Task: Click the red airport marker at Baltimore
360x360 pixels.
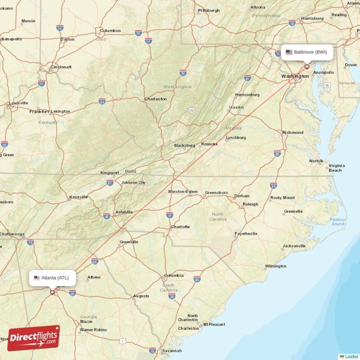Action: point(307,67)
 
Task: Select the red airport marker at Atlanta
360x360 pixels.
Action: point(52,292)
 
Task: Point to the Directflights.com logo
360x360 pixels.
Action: point(34,338)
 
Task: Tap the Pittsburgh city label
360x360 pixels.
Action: point(209,10)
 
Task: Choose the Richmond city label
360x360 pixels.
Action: point(292,133)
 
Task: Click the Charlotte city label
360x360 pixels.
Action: point(180,227)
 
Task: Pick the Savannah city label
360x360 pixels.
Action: point(172,351)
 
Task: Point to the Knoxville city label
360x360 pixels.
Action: point(79,197)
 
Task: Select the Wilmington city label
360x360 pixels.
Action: point(275,266)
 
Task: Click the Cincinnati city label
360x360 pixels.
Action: point(61,67)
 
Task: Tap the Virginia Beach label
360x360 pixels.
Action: point(335,168)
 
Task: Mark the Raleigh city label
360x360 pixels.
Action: point(250,204)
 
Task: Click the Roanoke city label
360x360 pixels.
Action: point(209,144)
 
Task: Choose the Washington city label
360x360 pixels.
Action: point(295,76)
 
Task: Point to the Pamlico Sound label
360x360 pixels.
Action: point(337,221)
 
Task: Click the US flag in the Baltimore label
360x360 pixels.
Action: point(289,52)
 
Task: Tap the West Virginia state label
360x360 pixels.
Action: point(177,86)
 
